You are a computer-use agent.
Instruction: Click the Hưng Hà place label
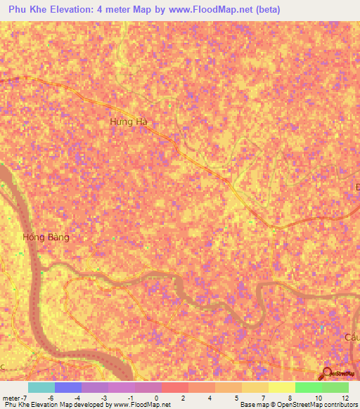[130, 122]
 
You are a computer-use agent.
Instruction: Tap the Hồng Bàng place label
[46, 238]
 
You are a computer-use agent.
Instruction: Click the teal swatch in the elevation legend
[41, 387]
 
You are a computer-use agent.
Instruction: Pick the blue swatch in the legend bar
[68, 387]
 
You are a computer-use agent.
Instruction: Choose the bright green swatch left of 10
[308, 387]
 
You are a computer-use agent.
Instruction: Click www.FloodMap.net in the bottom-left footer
[141, 405]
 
